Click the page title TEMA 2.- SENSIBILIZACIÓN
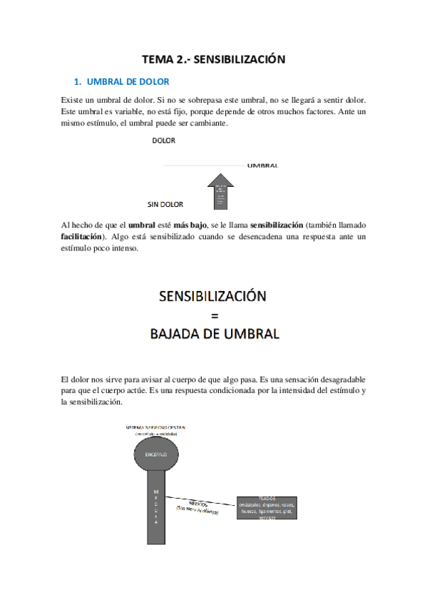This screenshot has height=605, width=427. point(213,60)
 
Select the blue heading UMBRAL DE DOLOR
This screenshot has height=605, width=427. point(123,82)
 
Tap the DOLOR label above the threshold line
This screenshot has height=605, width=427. point(163,141)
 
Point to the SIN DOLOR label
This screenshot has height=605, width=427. point(165,204)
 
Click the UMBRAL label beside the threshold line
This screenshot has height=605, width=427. point(262,166)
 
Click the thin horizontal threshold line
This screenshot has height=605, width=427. point(203,166)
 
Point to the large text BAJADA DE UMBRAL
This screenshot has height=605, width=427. point(213,333)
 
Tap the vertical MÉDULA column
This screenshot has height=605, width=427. point(156,507)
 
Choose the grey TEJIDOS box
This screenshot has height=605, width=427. point(267,507)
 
